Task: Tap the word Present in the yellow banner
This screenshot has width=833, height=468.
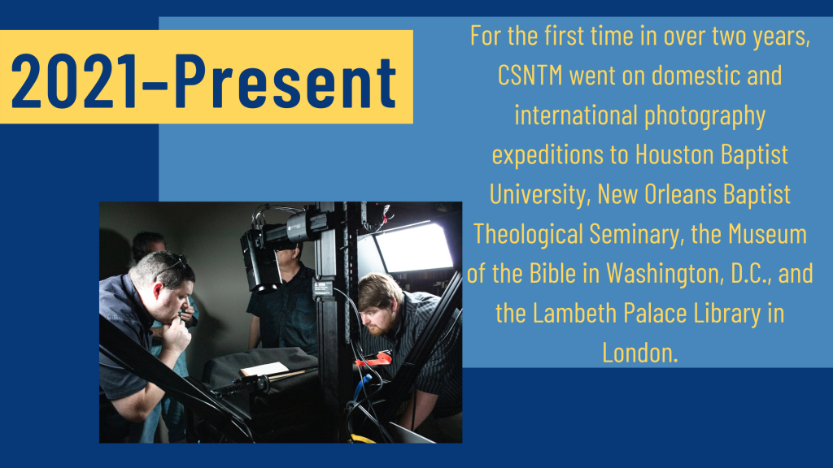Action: [286, 80]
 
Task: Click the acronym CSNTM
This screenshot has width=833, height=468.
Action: [530, 76]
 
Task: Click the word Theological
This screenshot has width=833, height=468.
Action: [528, 235]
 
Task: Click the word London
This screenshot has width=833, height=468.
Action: [639, 353]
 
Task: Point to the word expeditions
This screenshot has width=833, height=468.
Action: [547, 155]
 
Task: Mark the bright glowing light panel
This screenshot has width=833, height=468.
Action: [413, 247]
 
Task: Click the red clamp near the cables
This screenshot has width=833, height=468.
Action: [374, 360]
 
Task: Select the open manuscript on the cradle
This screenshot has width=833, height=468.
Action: [264, 370]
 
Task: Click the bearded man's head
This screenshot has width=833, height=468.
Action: [379, 304]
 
